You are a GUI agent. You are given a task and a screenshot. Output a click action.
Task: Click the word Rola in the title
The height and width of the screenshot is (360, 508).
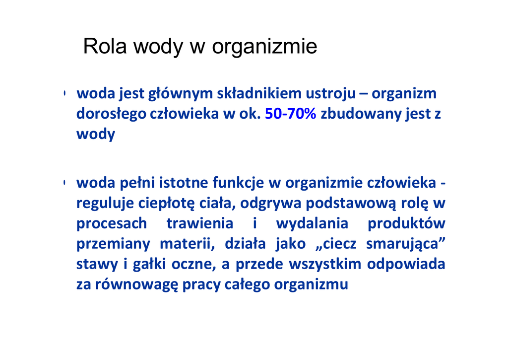click(x=105, y=46)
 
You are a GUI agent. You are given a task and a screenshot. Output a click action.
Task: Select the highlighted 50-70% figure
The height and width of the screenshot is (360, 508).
click(x=290, y=114)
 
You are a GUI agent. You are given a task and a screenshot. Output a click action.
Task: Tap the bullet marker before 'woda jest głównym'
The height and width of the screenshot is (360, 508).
click(x=64, y=93)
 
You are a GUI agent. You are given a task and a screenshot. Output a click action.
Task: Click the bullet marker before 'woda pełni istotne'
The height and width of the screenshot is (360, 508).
click(x=64, y=183)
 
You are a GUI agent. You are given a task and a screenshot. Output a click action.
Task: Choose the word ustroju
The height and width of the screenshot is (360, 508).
click(x=331, y=94)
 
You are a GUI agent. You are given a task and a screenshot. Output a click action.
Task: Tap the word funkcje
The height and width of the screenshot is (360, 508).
click(x=238, y=183)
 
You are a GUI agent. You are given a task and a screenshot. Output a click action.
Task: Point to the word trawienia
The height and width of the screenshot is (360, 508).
click(x=200, y=223)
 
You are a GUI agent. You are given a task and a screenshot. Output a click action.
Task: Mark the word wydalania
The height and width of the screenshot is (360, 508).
click(x=312, y=224)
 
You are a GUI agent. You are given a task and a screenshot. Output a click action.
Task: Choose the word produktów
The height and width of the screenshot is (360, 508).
click(x=407, y=223)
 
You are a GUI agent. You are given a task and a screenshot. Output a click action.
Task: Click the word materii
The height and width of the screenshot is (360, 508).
click(x=187, y=244)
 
